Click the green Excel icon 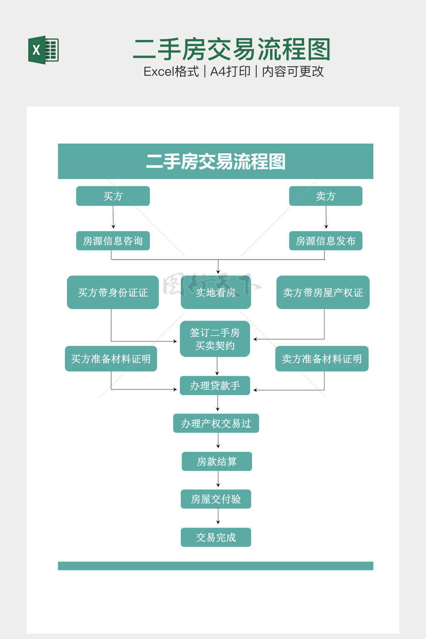click(x=43, y=50)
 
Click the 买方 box click(x=113, y=196)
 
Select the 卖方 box click(x=326, y=196)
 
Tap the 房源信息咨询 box click(x=113, y=241)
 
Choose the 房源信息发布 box click(x=326, y=241)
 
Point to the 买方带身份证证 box click(x=113, y=292)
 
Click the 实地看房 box click(x=215, y=292)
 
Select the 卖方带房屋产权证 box click(x=323, y=292)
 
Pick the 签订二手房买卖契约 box click(x=215, y=339)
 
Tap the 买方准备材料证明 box click(x=111, y=359)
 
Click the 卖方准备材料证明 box click(x=322, y=359)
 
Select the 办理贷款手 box click(x=215, y=386)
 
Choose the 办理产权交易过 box click(x=216, y=424)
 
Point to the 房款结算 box click(x=217, y=461)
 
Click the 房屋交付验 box click(x=216, y=499)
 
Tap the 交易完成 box click(x=216, y=537)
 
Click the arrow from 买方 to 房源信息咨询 click(x=113, y=218)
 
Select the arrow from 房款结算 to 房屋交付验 click(x=218, y=479)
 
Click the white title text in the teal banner click(x=215, y=161)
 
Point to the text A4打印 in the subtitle click(x=230, y=72)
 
